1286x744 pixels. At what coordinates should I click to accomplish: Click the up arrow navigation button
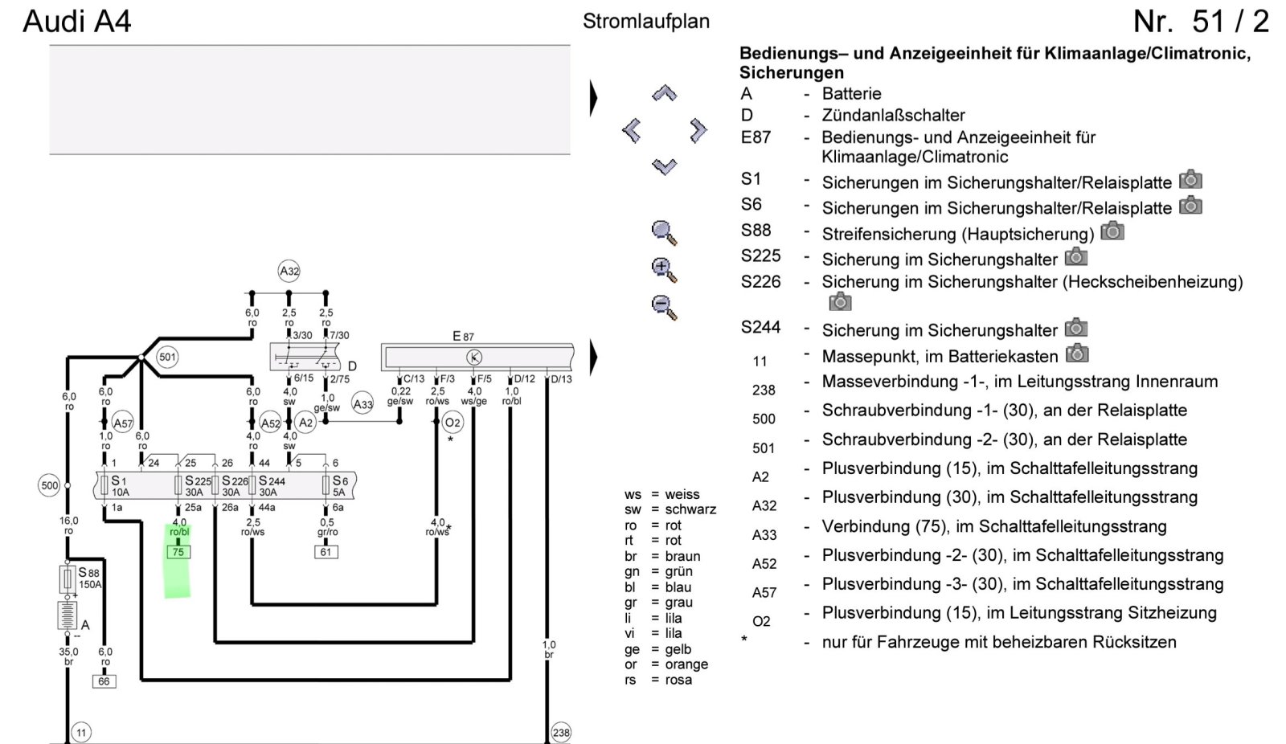(x=664, y=93)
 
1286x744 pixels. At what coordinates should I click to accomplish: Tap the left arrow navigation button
(x=632, y=130)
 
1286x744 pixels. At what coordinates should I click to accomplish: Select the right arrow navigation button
(x=698, y=130)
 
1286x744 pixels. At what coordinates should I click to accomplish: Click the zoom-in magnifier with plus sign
(x=664, y=270)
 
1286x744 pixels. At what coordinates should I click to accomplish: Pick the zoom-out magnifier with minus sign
(x=664, y=307)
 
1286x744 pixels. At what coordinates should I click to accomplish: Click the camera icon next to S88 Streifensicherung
(x=1112, y=231)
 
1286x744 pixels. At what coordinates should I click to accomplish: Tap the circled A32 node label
(x=289, y=271)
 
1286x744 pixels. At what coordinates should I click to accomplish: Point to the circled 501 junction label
(x=167, y=357)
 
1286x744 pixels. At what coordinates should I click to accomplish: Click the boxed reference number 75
(x=178, y=552)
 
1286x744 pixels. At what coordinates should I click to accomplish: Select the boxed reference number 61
(x=326, y=552)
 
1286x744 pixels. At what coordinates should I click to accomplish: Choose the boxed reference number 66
(x=104, y=681)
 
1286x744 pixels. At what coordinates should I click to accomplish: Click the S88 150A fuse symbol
(x=68, y=578)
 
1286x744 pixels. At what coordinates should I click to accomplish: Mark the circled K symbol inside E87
(x=474, y=358)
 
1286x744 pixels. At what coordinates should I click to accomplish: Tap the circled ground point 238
(x=560, y=733)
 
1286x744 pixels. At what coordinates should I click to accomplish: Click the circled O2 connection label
(x=453, y=423)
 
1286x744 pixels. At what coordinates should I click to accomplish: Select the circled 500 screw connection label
(x=49, y=485)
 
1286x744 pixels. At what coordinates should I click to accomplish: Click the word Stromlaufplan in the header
(x=646, y=21)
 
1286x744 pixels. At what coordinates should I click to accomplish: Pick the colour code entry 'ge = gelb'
(x=658, y=649)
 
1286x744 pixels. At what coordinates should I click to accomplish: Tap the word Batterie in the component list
(x=851, y=93)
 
